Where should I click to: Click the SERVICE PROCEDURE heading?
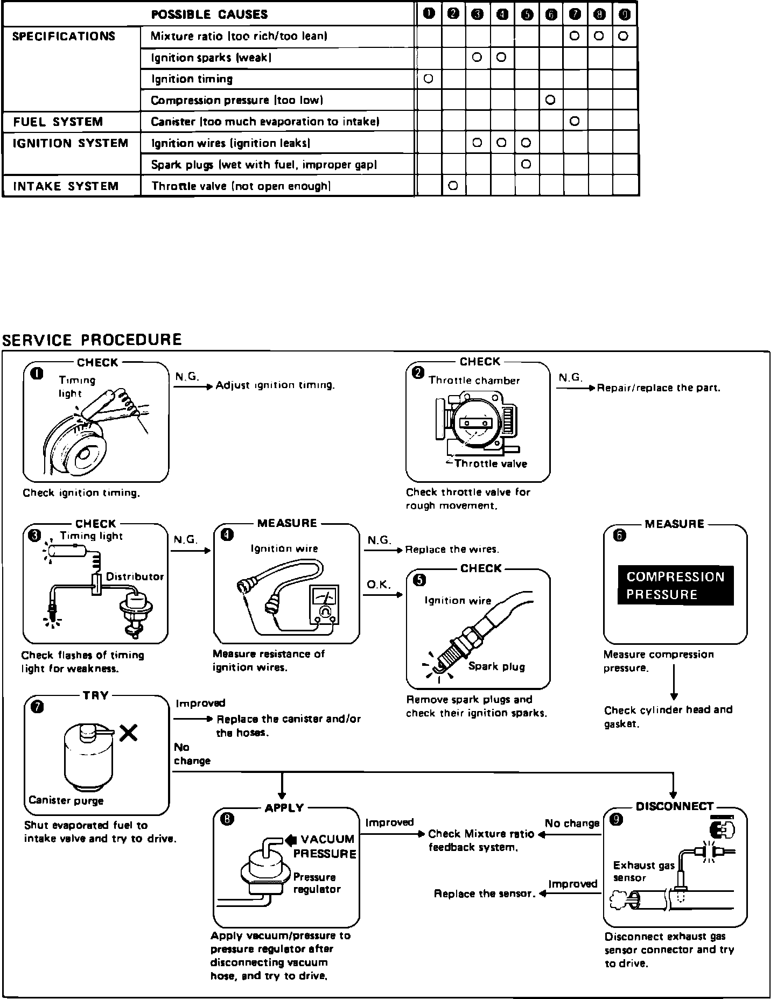click(92, 340)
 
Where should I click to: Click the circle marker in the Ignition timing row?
click(429, 79)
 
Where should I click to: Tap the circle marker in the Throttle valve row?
click(453, 186)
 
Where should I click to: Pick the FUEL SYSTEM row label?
click(58, 122)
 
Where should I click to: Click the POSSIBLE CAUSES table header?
click(209, 14)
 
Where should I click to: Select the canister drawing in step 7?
click(88, 756)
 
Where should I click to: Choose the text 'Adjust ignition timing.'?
click(275, 385)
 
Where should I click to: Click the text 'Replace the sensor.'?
click(485, 894)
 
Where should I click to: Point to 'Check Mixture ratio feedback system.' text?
click(481, 840)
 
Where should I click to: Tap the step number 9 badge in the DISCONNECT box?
click(617, 819)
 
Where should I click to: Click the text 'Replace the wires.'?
click(452, 550)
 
